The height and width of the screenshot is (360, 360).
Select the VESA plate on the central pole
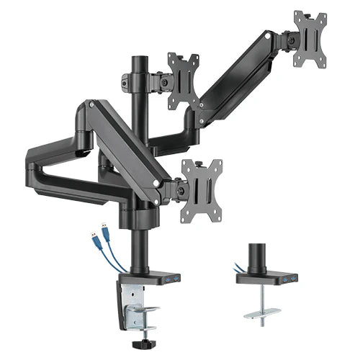tap(184, 80)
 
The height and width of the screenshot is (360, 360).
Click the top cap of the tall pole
tap(138, 57)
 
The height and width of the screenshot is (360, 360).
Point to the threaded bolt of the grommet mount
tap(260, 298)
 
